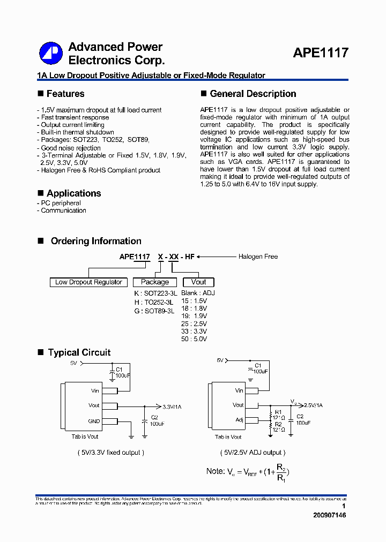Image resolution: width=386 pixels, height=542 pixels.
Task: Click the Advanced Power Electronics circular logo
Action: click(x=51, y=54)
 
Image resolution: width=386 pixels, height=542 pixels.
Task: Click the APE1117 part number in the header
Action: click(x=321, y=53)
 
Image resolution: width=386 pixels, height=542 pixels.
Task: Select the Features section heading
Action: click(x=65, y=94)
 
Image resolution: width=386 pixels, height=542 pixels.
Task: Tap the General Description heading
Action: click(x=253, y=94)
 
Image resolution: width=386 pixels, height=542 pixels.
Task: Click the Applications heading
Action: click(x=73, y=193)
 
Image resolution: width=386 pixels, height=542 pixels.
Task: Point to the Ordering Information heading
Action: click(x=96, y=241)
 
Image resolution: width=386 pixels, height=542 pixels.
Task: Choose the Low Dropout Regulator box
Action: click(x=88, y=282)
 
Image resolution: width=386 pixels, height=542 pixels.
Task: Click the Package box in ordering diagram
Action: click(x=155, y=282)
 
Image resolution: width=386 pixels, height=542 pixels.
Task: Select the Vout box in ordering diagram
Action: click(x=198, y=282)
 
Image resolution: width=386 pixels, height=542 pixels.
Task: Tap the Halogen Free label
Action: click(x=258, y=257)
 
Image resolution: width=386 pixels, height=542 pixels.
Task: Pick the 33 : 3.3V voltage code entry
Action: click(x=194, y=332)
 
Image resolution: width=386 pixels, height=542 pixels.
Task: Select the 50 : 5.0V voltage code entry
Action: click(x=194, y=339)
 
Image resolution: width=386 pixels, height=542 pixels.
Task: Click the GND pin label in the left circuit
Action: click(x=94, y=421)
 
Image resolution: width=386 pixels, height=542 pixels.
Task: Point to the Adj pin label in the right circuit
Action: click(x=239, y=420)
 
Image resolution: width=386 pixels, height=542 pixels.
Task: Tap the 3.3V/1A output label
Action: click(x=172, y=407)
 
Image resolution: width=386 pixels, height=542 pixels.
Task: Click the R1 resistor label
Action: click(x=278, y=412)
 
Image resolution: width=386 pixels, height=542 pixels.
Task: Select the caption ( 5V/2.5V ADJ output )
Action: click(x=253, y=453)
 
